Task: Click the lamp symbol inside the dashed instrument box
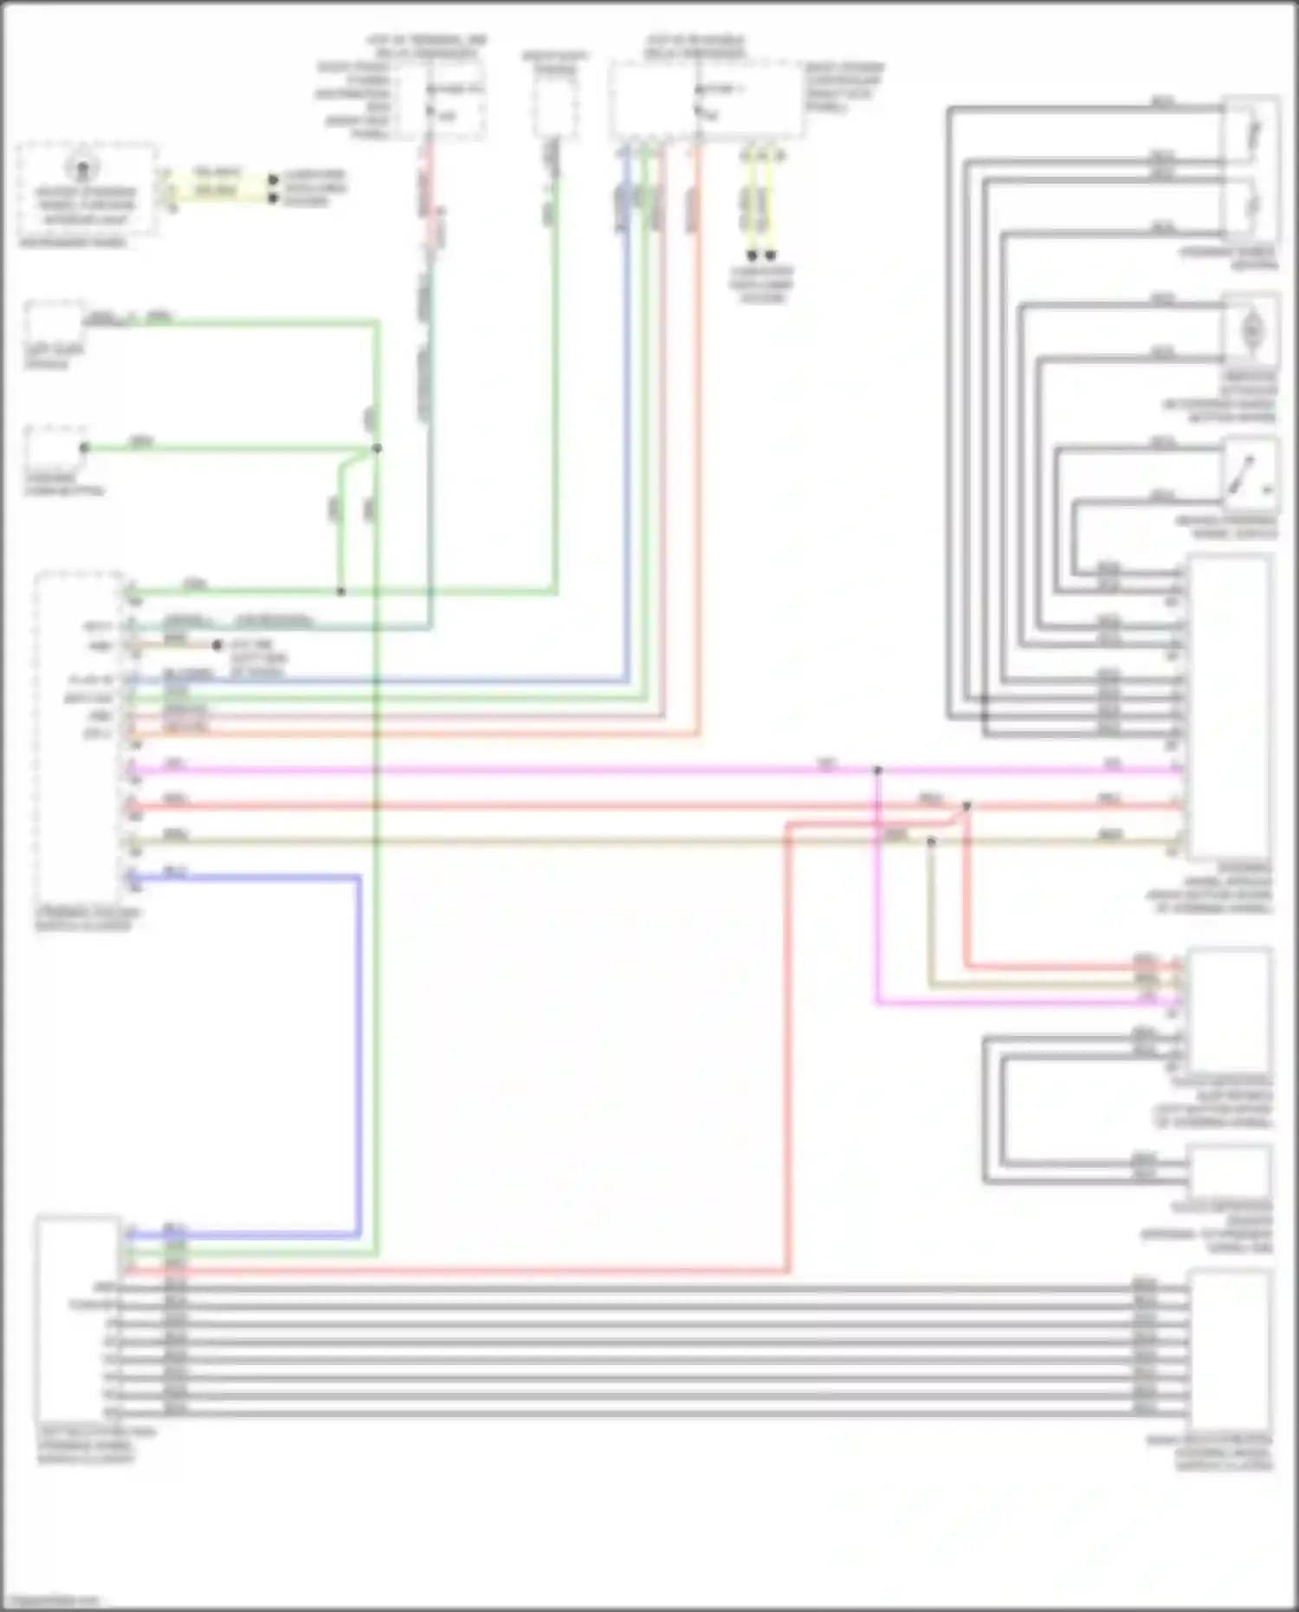tap(83, 167)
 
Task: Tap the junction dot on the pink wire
tap(877, 769)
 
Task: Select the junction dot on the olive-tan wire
tap(931, 841)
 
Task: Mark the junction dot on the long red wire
tap(966, 806)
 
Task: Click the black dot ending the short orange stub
tap(217, 645)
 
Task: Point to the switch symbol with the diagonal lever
tap(1248, 474)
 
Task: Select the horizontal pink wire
tap(520, 769)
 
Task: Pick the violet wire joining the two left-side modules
tap(358, 1039)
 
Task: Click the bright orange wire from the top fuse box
tap(698, 433)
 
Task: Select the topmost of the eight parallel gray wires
tap(649, 1288)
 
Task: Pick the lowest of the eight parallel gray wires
tap(649, 1415)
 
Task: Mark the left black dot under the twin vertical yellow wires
tap(752, 256)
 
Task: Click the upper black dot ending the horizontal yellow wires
tap(273, 179)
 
